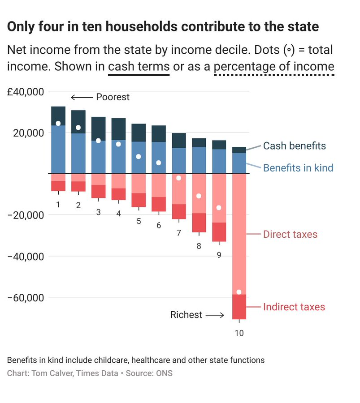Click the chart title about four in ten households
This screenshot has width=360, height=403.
(163, 27)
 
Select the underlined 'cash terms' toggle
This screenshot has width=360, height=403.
(139, 67)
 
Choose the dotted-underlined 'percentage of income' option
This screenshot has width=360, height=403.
(274, 67)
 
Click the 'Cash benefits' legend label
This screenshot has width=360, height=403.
(294, 146)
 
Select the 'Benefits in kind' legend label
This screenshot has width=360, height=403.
(298, 168)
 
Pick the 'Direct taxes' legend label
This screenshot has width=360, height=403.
(290, 234)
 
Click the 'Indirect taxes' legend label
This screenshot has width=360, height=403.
(294, 307)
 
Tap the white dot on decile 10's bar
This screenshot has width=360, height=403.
(239, 292)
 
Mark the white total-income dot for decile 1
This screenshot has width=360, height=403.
(58, 124)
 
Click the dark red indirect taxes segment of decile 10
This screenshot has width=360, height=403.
(239, 307)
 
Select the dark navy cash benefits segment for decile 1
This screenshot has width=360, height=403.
(58, 116)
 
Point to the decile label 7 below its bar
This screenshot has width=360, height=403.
(179, 233)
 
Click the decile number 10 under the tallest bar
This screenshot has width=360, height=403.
(239, 333)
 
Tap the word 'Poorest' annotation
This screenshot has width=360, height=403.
(113, 97)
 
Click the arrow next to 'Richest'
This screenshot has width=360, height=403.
(215, 315)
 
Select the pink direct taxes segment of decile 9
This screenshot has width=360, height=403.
(219, 197)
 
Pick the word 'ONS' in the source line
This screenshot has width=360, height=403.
(164, 373)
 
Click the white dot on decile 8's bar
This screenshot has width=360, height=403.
(199, 196)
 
